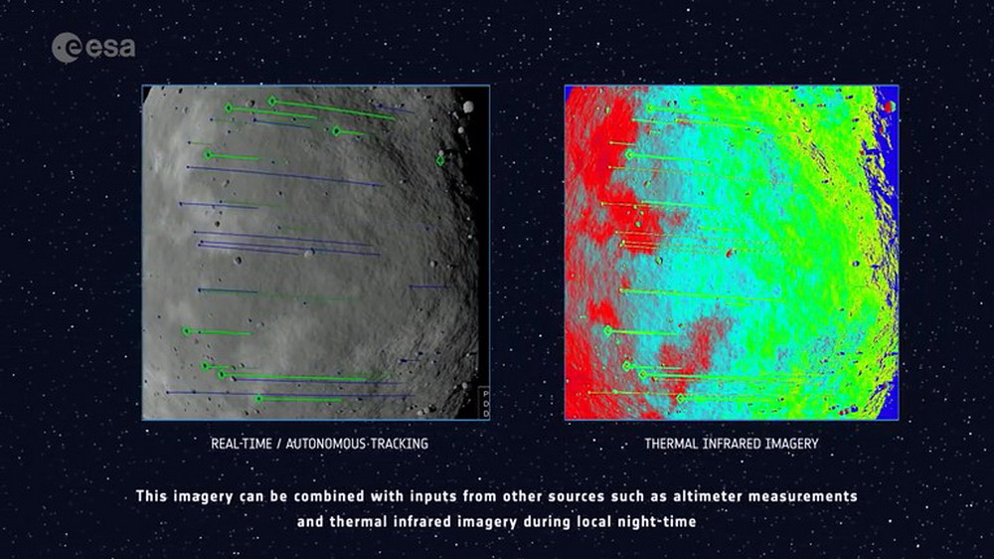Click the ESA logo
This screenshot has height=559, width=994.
point(93,48)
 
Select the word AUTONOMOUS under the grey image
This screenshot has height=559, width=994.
point(321,444)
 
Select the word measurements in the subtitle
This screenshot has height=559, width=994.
point(803,496)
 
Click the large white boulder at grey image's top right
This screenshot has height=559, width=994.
point(468,106)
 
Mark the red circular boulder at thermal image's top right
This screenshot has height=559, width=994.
point(890,106)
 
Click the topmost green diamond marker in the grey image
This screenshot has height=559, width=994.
point(272,100)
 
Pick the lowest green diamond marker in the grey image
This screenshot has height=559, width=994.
point(258,399)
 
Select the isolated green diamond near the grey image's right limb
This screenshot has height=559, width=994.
point(440,160)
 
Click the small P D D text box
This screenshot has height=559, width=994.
point(485,403)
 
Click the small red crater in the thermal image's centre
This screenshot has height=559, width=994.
point(730,254)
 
